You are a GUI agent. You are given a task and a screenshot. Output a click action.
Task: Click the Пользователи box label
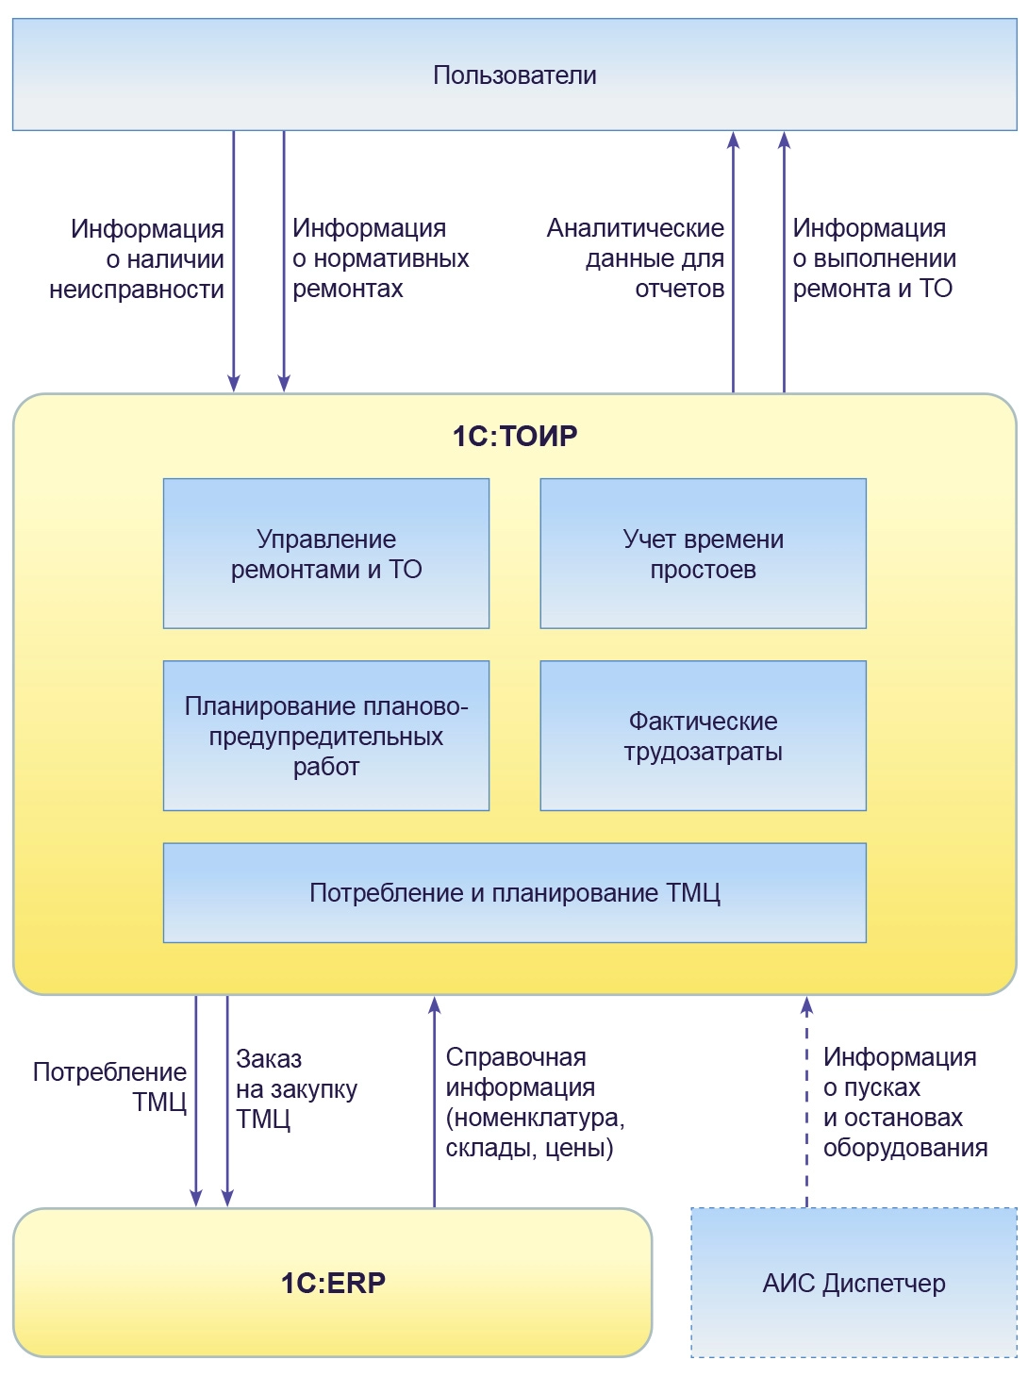[x=514, y=75]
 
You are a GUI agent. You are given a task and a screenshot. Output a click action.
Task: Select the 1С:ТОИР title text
[x=514, y=436]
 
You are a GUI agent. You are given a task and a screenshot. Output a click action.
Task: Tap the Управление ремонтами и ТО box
[x=326, y=554]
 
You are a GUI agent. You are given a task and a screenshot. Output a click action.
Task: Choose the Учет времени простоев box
[x=703, y=554]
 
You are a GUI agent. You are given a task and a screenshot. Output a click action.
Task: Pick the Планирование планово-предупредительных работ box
[x=326, y=736]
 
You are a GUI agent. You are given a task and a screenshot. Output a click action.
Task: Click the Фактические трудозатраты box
[x=703, y=736]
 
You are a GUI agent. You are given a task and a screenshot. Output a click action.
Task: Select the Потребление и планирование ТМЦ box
[x=514, y=892]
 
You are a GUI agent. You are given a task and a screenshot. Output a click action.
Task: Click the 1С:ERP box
[x=332, y=1283]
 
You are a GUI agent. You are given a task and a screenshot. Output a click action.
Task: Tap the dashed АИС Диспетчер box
[x=854, y=1283]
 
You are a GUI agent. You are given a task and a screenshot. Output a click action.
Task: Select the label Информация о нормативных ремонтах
[x=379, y=258]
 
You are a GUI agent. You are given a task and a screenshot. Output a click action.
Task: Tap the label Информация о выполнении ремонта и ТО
[x=873, y=258]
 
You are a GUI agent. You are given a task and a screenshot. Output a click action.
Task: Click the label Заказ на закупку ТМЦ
[x=295, y=1088]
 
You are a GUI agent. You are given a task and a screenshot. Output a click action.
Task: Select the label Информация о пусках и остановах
[x=904, y=1102]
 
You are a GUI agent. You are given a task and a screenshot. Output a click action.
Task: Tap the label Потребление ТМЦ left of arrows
[x=111, y=1087]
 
